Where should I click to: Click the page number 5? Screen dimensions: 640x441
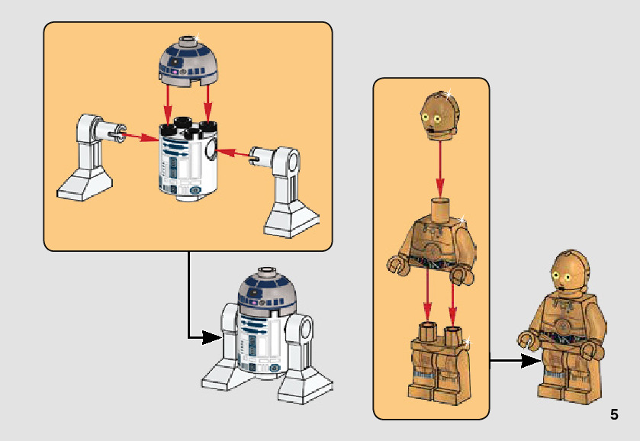pos(614,415)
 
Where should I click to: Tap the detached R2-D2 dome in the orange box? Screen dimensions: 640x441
pos(188,61)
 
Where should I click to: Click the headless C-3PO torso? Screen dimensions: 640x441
pos(432,240)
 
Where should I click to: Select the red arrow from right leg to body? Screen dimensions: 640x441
pos(236,154)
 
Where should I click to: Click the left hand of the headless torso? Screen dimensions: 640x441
pos(396,266)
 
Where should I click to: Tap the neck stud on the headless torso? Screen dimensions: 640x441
pos(441,208)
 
